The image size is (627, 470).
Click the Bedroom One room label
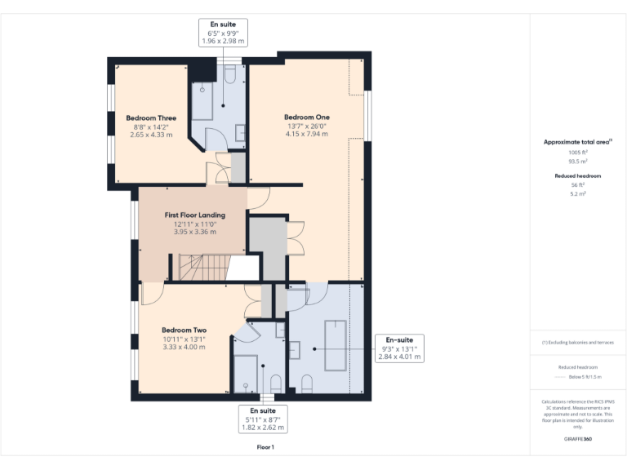coord(306,117)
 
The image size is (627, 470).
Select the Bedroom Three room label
coord(157,118)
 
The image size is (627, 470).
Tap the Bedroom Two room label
coord(183,330)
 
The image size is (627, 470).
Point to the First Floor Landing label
coord(194,215)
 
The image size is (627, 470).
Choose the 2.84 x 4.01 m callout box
coord(399,348)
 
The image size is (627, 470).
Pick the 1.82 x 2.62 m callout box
coord(263,418)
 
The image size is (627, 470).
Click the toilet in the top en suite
coord(229,76)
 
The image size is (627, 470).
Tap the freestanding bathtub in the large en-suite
coord(335,346)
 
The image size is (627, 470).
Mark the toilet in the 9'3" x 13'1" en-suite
coord(307,382)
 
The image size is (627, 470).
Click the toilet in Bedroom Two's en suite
coord(275,382)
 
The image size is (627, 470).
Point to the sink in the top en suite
coord(239,133)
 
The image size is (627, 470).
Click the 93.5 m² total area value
coord(578,162)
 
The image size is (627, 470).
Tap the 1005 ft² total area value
coord(578,153)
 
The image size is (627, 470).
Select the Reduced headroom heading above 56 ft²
coord(578,176)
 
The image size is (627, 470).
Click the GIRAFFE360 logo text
coord(578,439)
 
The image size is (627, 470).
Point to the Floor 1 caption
coord(265,447)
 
